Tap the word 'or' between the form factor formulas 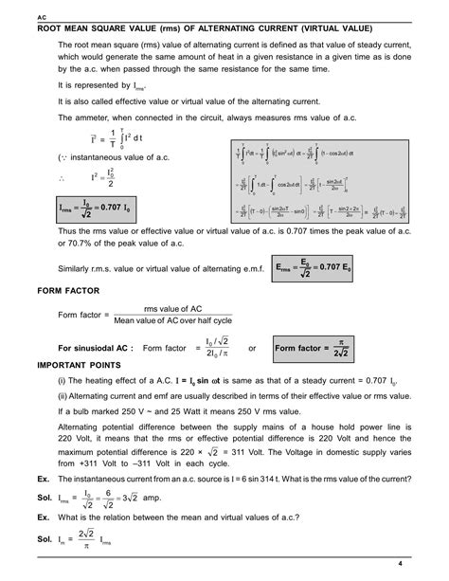click(252, 348)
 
